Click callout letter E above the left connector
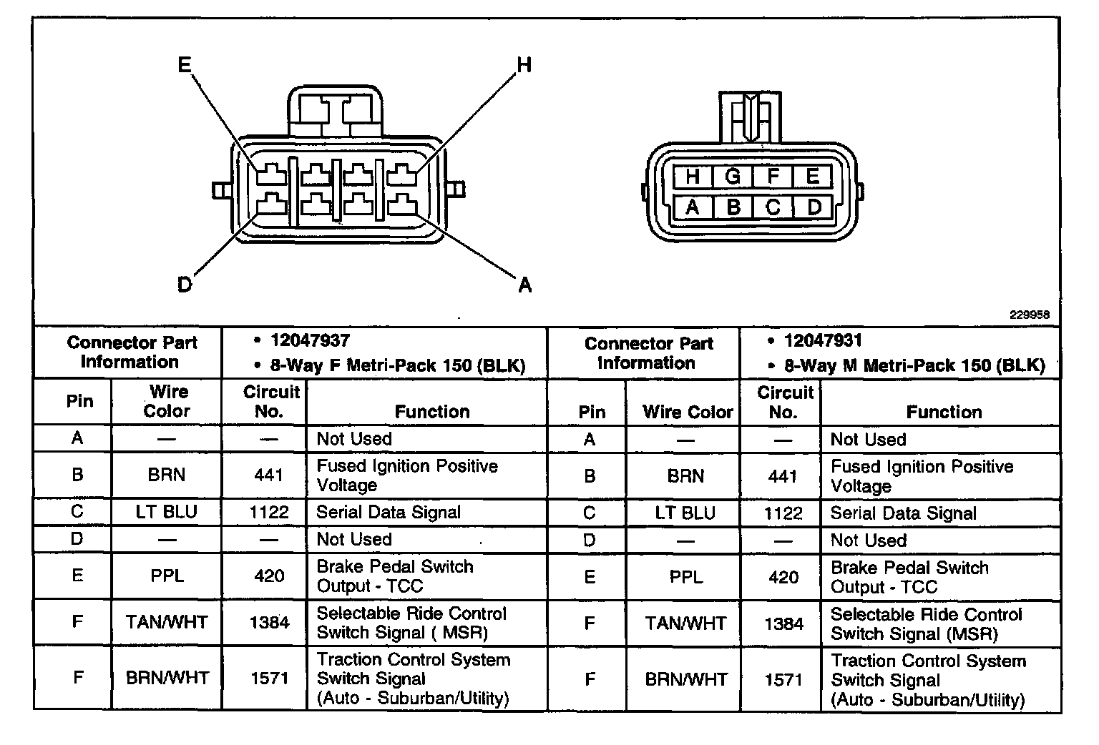tap(185, 65)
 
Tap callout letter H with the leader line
tap(524, 66)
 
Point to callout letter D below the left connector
tap(185, 285)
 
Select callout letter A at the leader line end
tap(524, 285)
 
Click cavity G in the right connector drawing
tap(732, 176)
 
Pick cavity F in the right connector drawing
tap(773, 176)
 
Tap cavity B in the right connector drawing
tap(733, 207)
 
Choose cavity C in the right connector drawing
tap(773, 207)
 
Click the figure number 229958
tap(1030, 315)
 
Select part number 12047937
tap(310, 341)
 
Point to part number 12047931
tap(823, 341)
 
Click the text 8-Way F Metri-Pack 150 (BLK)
tap(397, 366)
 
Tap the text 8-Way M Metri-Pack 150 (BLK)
tap(914, 366)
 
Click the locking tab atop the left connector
tap(335, 111)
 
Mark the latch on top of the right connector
tap(750, 117)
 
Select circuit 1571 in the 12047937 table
tap(269, 678)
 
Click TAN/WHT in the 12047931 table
tap(685, 623)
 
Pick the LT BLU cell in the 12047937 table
tap(166, 512)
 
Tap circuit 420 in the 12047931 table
tap(783, 577)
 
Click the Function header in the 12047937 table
tap(432, 411)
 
